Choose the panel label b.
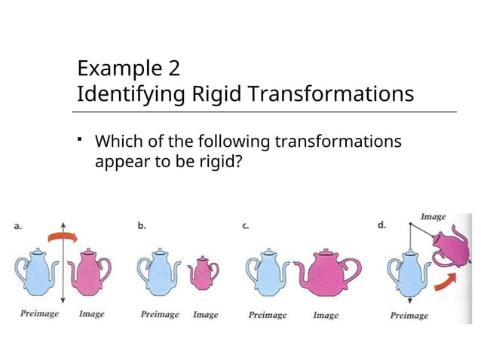(141, 224)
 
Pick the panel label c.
(247, 224)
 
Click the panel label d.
(381, 224)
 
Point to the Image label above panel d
(433, 217)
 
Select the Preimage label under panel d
(409, 316)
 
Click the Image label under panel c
(326, 315)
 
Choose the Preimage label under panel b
(160, 315)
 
